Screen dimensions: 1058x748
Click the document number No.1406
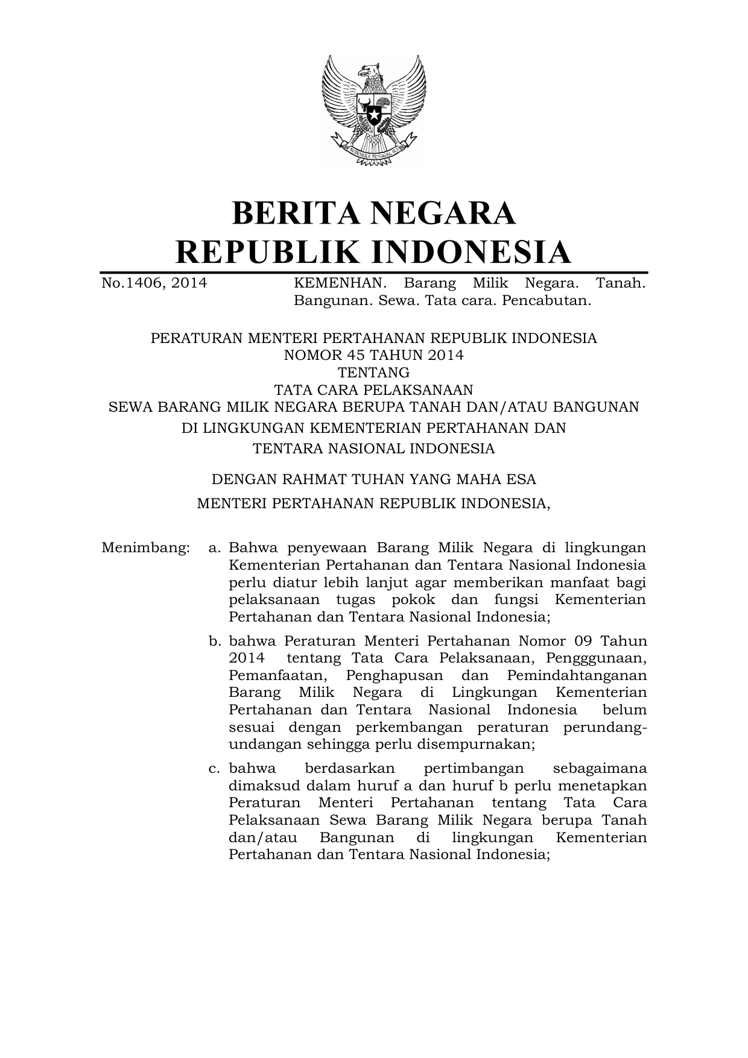(130, 283)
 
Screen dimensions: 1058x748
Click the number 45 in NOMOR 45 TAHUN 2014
(357, 355)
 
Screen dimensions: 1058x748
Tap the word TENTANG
(373, 373)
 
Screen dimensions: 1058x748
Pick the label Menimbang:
(145, 548)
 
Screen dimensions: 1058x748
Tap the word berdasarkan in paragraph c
(350, 769)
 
